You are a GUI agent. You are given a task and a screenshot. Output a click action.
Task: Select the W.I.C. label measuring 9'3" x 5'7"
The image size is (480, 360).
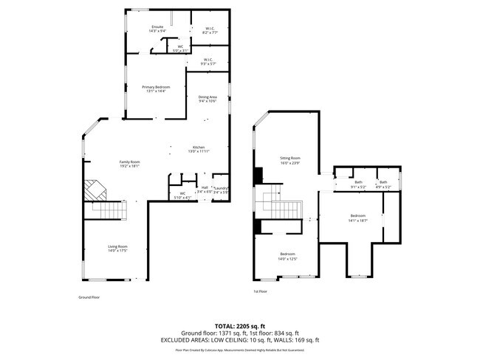209,60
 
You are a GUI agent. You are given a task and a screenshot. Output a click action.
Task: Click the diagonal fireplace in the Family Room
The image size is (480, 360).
95,190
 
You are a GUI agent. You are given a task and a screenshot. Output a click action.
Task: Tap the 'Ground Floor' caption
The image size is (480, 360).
89,297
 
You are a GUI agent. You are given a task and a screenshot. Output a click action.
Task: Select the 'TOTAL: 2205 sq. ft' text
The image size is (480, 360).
240,325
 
